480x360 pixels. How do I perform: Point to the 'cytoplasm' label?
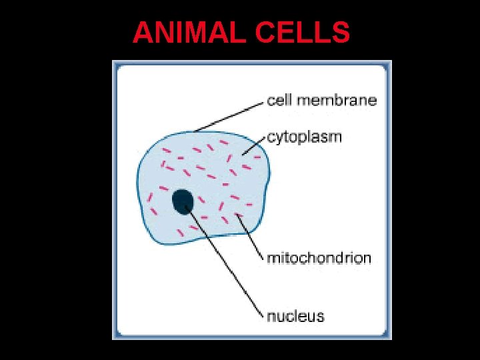304,138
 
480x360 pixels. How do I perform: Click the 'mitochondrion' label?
319,258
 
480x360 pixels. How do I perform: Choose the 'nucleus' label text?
295,315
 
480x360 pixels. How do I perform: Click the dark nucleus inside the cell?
183,201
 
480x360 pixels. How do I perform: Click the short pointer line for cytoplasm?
254,148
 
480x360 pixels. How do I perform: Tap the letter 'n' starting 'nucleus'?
271,316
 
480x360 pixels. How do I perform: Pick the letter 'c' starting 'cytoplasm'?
271,138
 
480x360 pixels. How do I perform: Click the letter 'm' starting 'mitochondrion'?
273,258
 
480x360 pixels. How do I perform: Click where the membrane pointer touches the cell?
195,131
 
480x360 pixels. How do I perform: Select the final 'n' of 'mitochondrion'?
367,258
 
